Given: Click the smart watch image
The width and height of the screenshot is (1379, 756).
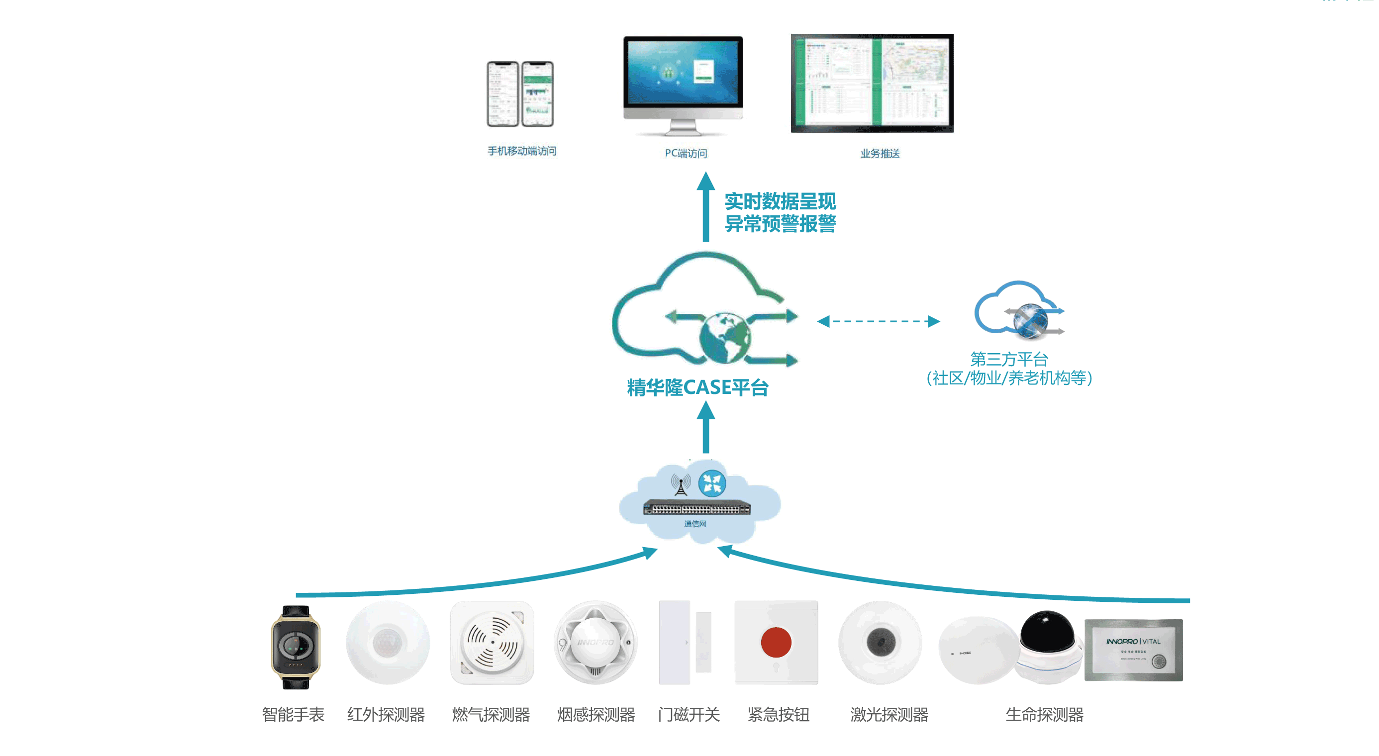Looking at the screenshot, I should tap(295, 646).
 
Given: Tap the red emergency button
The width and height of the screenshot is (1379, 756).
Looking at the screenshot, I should tap(776, 642).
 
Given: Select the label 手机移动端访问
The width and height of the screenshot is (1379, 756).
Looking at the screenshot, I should tap(521, 151).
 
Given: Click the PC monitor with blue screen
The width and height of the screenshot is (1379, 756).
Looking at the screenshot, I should tap(683, 75).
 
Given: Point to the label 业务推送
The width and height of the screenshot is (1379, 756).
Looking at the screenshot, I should tap(880, 154).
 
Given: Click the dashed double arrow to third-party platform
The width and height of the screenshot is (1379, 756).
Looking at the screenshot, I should tap(878, 321).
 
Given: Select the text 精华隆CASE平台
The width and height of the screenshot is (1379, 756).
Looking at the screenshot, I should tap(697, 387).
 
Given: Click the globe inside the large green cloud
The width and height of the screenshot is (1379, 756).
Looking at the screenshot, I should tap(724, 337).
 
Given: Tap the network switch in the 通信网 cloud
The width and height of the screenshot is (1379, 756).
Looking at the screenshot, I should tap(696, 508).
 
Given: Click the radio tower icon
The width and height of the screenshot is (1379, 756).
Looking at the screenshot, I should tap(681, 485).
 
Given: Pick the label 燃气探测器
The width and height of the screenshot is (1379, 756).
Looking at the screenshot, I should tap(491, 714).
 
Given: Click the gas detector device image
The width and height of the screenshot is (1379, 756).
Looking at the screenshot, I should tap(492, 642).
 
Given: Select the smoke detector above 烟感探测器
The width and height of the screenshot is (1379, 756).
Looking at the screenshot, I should tap(595, 642).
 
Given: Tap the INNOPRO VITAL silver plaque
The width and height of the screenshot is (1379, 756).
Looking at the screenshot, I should tap(1133, 650).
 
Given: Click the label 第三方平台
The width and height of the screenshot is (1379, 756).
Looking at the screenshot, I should tap(1008, 359).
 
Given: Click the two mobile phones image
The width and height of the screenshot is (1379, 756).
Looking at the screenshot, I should tap(520, 94).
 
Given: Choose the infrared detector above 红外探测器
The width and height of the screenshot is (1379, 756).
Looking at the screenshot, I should tap(387, 642).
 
